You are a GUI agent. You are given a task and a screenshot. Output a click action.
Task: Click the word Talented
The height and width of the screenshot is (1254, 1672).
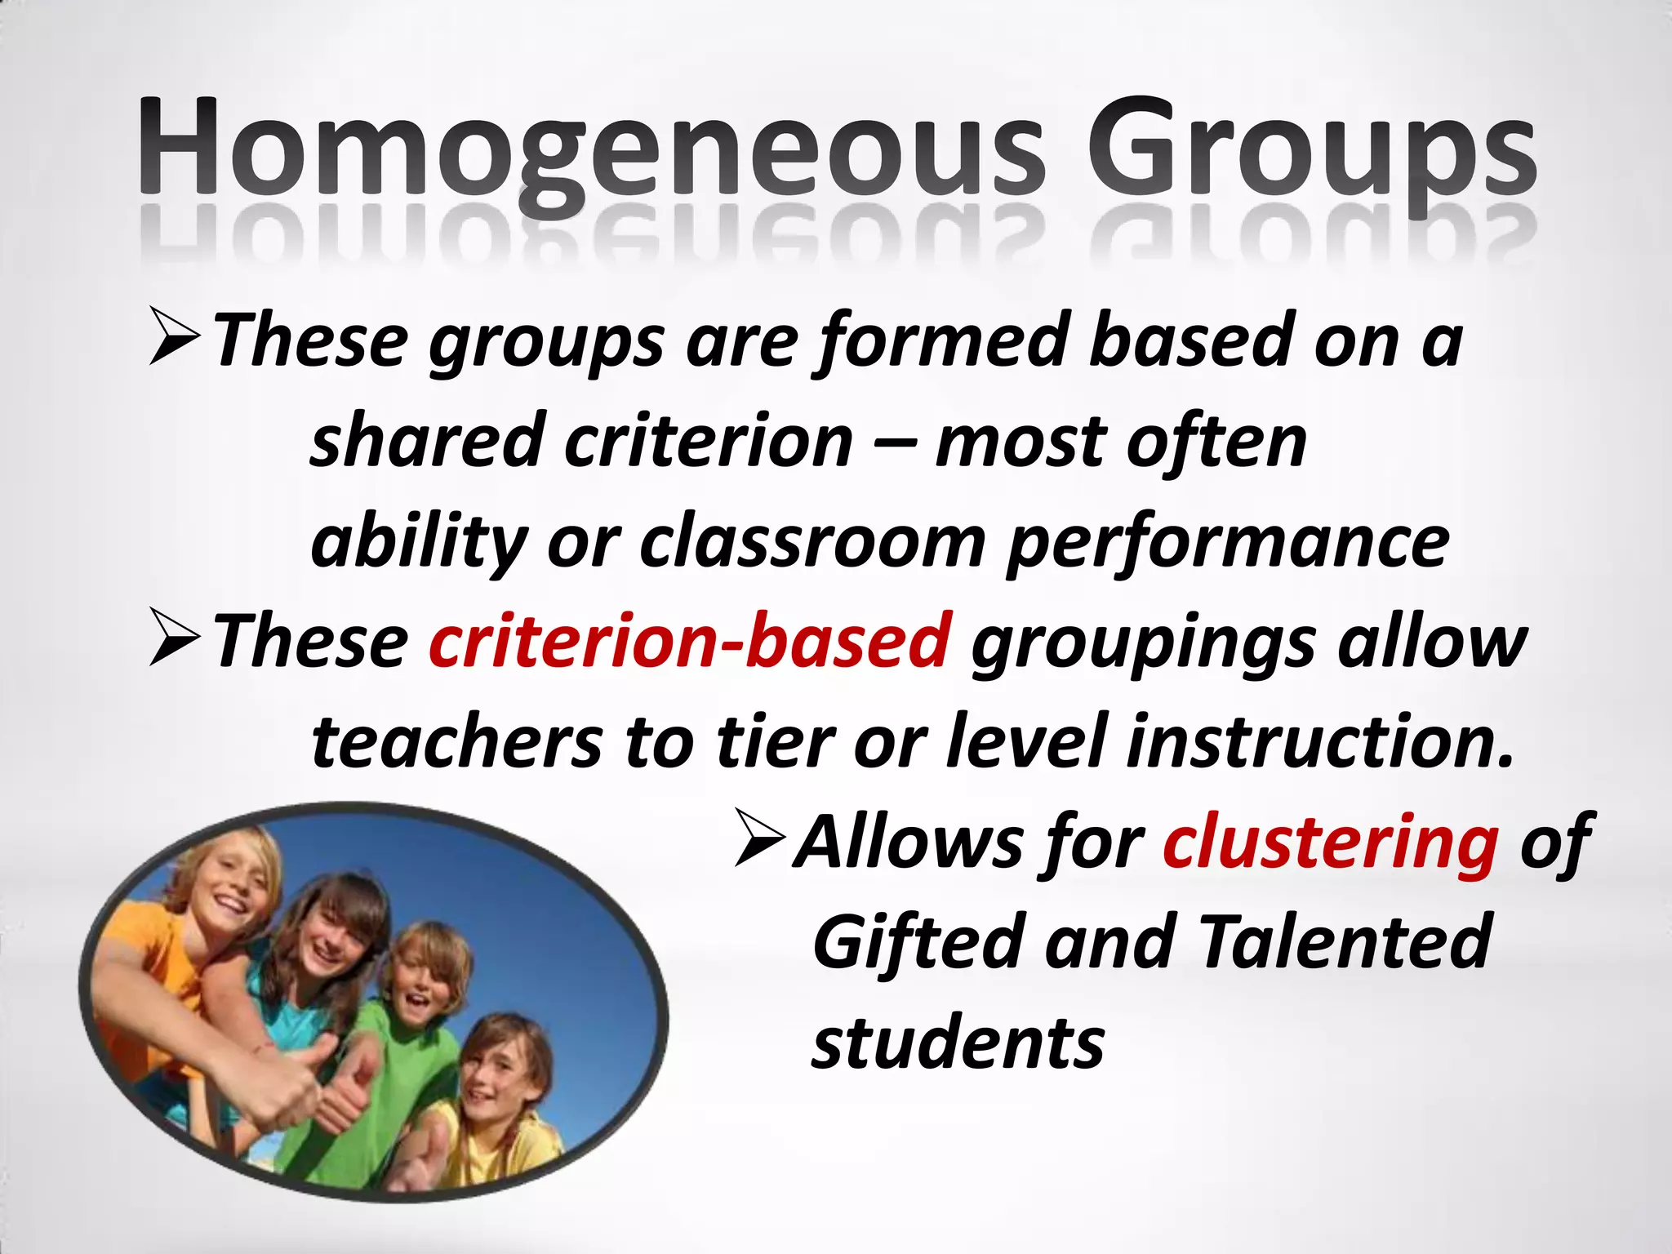click(x=1346, y=943)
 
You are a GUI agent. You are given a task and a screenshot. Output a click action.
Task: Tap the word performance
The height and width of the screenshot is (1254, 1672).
click(x=1228, y=543)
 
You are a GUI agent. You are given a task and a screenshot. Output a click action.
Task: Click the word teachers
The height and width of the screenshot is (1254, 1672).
click(x=457, y=743)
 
